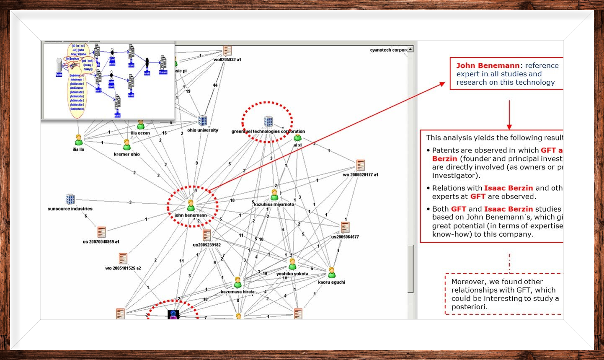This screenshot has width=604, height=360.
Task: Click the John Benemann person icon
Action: tap(191, 205)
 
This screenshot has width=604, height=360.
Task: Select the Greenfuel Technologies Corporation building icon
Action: tap(268, 122)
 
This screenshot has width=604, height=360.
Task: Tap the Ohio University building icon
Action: tap(203, 121)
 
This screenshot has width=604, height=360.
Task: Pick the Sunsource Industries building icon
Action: tap(70, 199)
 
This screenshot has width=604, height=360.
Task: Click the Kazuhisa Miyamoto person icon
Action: tap(274, 195)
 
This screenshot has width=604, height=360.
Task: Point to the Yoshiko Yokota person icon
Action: tap(292, 264)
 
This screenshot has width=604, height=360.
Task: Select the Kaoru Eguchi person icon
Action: tap(332, 273)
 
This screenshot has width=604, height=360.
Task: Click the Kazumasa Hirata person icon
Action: tap(237, 282)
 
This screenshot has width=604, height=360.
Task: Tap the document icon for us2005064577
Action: tap(345, 228)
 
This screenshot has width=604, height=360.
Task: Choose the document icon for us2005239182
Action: tap(207, 235)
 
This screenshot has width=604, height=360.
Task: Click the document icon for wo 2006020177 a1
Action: tap(360, 165)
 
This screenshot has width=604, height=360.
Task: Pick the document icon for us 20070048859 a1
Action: tap(101, 232)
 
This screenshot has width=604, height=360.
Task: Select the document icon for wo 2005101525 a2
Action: tap(123, 258)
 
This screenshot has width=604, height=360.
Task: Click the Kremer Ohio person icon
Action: tap(127, 145)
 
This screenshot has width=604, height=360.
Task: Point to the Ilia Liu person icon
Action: tap(78, 140)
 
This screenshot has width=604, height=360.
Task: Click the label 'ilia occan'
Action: tap(140, 133)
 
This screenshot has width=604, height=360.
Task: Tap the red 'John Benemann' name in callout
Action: tap(488, 65)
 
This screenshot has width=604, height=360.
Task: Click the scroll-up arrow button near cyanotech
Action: tap(410, 49)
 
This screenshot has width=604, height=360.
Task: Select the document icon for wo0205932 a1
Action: tap(227, 50)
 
